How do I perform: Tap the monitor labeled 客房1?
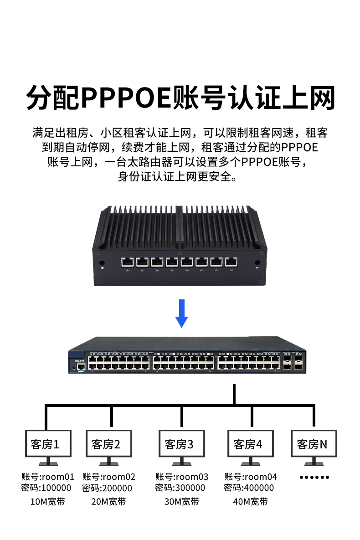click(x=48, y=443)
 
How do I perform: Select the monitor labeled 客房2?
click(x=108, y=443)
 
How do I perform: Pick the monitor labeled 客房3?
click(x=181, y=443)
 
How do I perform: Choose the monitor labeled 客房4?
click(x=250, y=443)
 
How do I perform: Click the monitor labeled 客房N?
click(x=314, y=443)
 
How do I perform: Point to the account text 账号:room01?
click(x=48, y=477)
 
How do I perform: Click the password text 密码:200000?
click(x=108, y=488)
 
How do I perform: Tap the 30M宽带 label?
click(x=182, y=502)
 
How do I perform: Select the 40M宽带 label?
click(x=250, y=502)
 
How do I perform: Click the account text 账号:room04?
click(x=251, y=477)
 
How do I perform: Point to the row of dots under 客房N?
click(x=314, y=478)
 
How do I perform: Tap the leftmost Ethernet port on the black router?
click(x=127, y=262)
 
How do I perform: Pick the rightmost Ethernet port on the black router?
click(x=232, y=262)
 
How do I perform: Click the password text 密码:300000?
click(x=180, y=488)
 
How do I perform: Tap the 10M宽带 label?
click(x=47, y=502)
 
